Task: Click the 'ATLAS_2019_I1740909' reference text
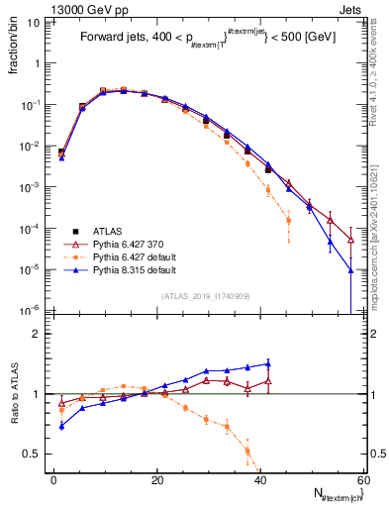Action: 206,296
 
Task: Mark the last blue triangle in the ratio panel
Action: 268,363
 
